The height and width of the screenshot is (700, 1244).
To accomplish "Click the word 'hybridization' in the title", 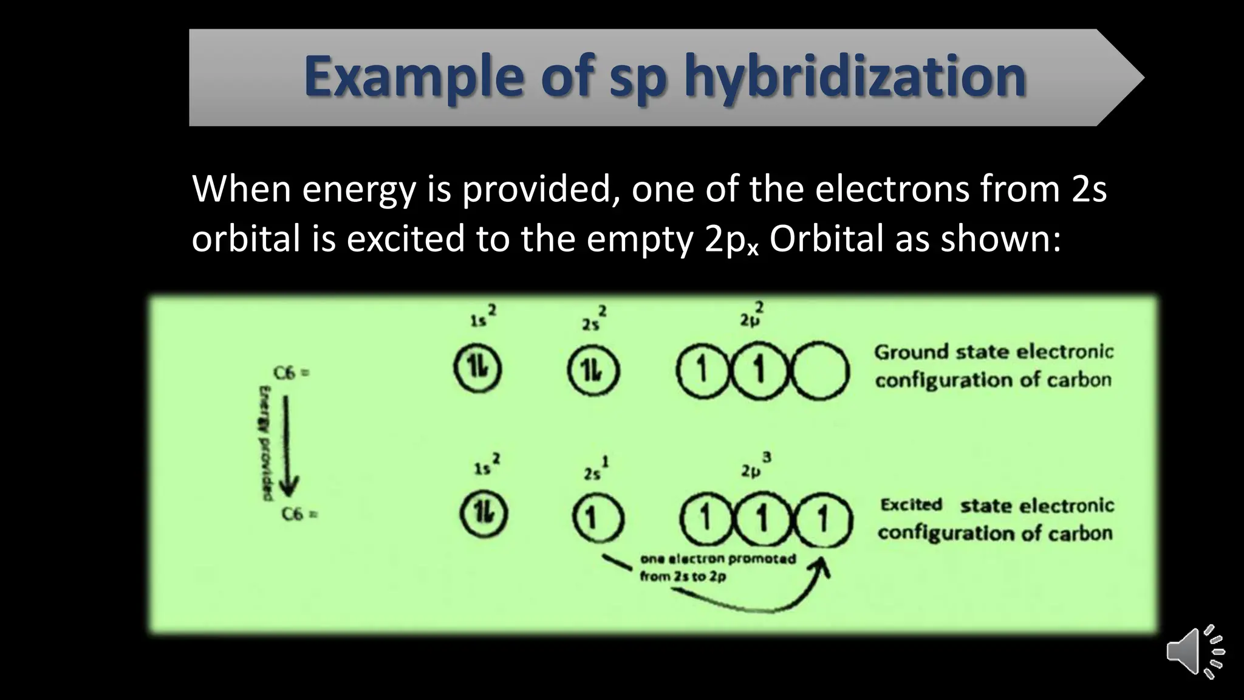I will point(855,77).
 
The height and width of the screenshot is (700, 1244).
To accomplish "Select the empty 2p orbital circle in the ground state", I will point(819,371).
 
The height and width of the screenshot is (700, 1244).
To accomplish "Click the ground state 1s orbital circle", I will point(477,368).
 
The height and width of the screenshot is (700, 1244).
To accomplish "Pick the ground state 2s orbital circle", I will point(593,370).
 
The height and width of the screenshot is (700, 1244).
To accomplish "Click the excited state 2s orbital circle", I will point(598,518).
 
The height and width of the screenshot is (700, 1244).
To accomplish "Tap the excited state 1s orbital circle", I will point(484,515).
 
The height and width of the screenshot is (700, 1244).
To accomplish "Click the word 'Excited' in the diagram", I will point(911,504).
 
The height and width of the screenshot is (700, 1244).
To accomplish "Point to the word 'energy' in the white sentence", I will point(358,189).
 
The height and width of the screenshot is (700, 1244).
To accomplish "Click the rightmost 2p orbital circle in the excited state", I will point(824,520).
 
